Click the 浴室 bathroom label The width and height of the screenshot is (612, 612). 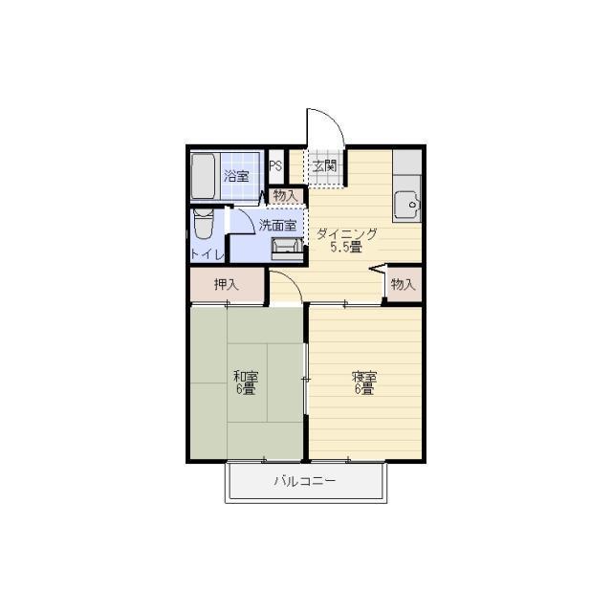[236, 176]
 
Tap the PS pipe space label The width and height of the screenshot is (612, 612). [275, 166]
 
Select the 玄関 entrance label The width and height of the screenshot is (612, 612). [324, 166]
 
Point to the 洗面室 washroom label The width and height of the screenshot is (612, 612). [278, 226]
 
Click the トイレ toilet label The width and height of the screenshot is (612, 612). [208, 254]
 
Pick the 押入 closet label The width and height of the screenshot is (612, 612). [227, 284]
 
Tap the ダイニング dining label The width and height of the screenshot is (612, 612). [346, 234]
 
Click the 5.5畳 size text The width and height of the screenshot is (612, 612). [346, 247]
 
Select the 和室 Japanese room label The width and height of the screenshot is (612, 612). [246, 377]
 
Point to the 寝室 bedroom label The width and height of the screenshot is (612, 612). [364, 377]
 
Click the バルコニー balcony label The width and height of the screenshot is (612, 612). [305, 480]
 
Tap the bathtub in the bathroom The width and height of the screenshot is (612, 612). [203, 176]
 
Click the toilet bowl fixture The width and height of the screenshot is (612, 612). [204, 224]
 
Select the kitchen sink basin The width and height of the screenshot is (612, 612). [407, 205]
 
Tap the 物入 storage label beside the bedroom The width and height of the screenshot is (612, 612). [403, 284]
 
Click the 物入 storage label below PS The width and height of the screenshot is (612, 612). [285, 196]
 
